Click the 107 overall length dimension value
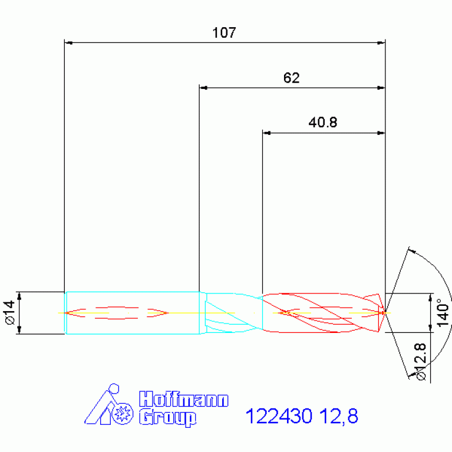(x=224, y=32)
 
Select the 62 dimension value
(x=292, y=78)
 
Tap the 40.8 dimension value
(x=322, y=123)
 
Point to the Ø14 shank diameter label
(x=10, y=312)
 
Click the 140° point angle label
(x=443, y=313)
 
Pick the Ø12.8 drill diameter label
(x=421, y=361)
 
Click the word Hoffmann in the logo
(x=184, y=399)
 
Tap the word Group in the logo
(x=168, y=418)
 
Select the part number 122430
(x=279, y=416)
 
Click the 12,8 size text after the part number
(x=339, y=416)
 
